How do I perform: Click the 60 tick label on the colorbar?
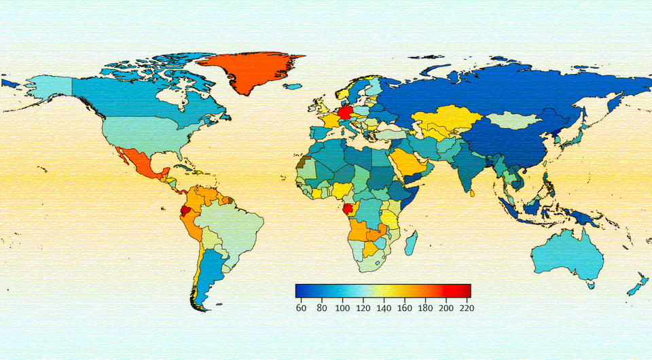coord(301,308)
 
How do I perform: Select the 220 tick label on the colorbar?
coord(466,308)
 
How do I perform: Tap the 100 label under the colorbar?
coord(342,308)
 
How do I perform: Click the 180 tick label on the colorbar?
coord(425,308)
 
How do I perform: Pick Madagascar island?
coord(412,242)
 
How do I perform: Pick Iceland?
coord(293,87)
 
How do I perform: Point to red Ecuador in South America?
coord(185,211)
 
